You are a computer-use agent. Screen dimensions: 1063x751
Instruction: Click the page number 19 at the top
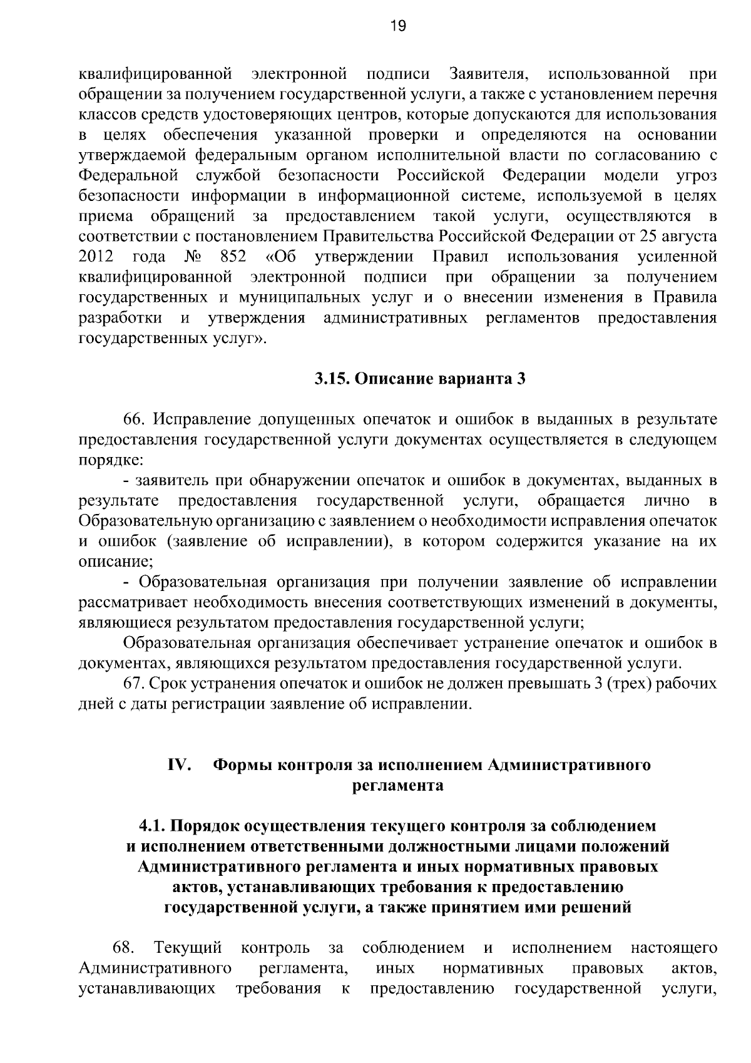(x=398, y=26)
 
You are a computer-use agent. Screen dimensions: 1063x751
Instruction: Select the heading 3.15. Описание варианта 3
(x=419, y=379)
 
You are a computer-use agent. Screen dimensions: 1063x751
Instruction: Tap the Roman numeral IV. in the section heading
(x=179, y=765)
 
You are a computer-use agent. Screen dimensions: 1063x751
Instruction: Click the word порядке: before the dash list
(x=111, y=460)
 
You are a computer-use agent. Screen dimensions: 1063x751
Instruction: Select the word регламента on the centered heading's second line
(x=399, y=786)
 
